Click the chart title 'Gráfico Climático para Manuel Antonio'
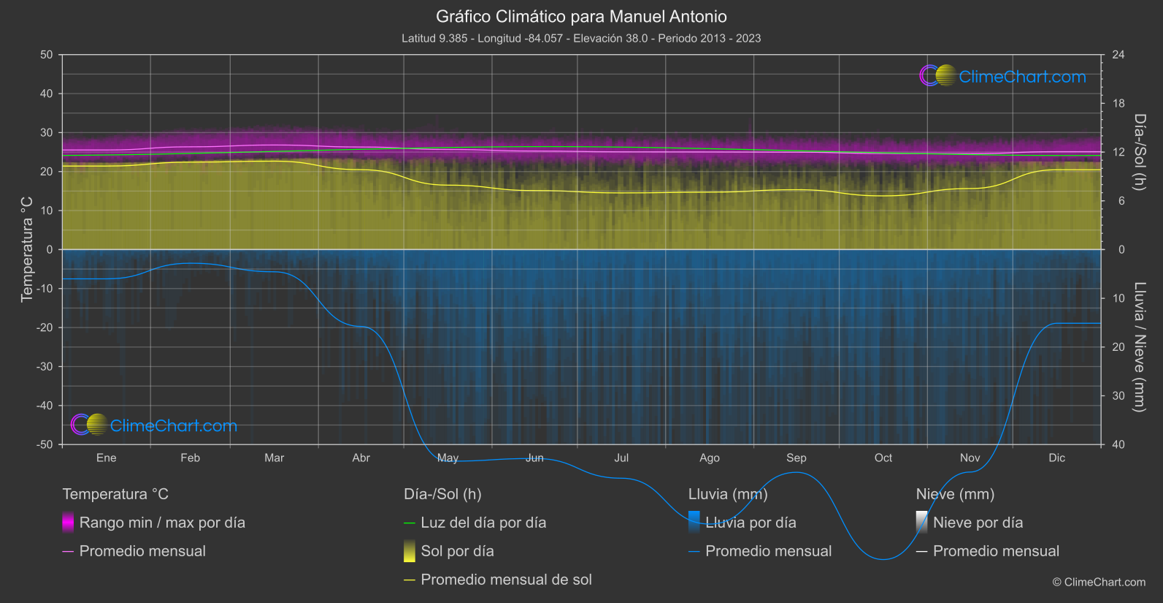pyautogui.click(x=581, y=16)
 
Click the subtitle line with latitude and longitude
pyautogui.click(x=581, y=38)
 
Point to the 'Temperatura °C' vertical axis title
pyautogui.click(x=27, y=249)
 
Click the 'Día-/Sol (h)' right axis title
pyautogui.click(x=1140, y=151)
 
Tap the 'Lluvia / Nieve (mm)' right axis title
pyautogui.click(x=1140, y=346)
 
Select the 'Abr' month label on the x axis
pyautogui.click(x=361, y=458)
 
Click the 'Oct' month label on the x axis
pyautogui.click(x=883, y=458)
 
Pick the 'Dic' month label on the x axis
pyautogui.click(x=1056, y=458)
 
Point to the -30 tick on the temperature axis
pyautogui.click(x=45, y=367)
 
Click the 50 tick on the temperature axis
pyautogui.click(x=47, y=55)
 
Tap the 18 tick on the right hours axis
pyautogui.click(x=1118, y=104)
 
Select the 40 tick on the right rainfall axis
pyautogui.click(x=1118, y=444)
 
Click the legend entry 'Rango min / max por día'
pyautogui.click(x=162, y=523)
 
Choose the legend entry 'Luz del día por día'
pyautogui.click(x=483, y=523)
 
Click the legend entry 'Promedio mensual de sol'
pyautogui.click(x=506, y=580)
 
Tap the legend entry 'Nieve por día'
pyautogui.click(x=978, y=523)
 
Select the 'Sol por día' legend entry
pyautogui.click(x=457, y=551)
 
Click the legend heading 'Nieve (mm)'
pyautogui.click(x=955, y=494)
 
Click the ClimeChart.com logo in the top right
pyautogui.click(x=1002, y=76)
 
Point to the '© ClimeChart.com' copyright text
pyautogui.click(x=1099, y=583)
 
